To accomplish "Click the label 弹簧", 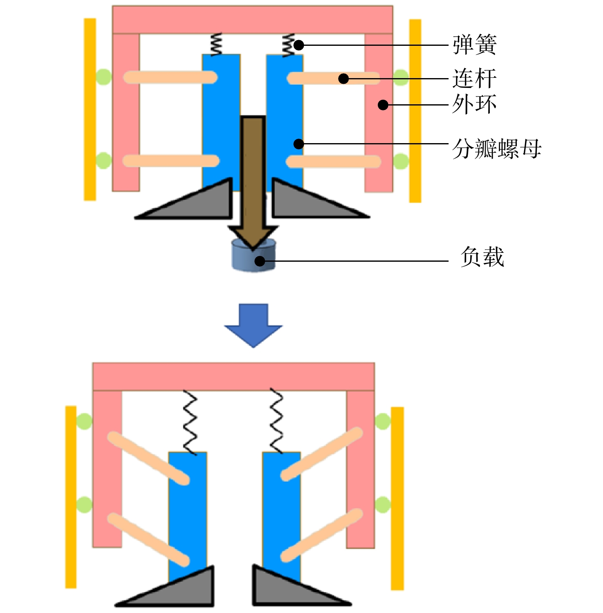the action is pyautogui.click(x=474, y=45).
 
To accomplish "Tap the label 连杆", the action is pyautogui.click(x=474, y=79).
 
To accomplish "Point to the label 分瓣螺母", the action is pyautogui.click(x=497, y=148).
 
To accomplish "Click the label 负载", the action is pyautogui.click(x=482, y=257).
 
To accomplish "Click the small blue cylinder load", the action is pyautogui.click(x=254, y=255).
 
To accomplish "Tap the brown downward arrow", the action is pyautogui.click(x=253, y=182).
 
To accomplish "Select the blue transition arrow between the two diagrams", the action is pyautogui.click(x=253, y=326).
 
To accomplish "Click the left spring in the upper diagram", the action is pyautogui.click(x=216, y=44).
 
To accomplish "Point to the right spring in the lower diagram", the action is pyautogui.click(x=277, y=421).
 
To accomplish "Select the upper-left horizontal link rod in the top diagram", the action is pyautogui.click(x=170, y=77).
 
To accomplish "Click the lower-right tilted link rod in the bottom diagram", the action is pyautogui.click(x=322, y=535).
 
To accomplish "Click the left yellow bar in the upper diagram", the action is pyautogui.click(x=90, y=109).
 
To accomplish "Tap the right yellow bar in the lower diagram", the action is pyautogui.click(x=398, y=498).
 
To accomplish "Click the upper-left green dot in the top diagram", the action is pyautogui.click(x=103, y=77).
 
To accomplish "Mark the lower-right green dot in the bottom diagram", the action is pyautogui.click(x=383, y=505).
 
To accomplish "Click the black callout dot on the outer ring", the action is pyautogui.click(x=383, y=105).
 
